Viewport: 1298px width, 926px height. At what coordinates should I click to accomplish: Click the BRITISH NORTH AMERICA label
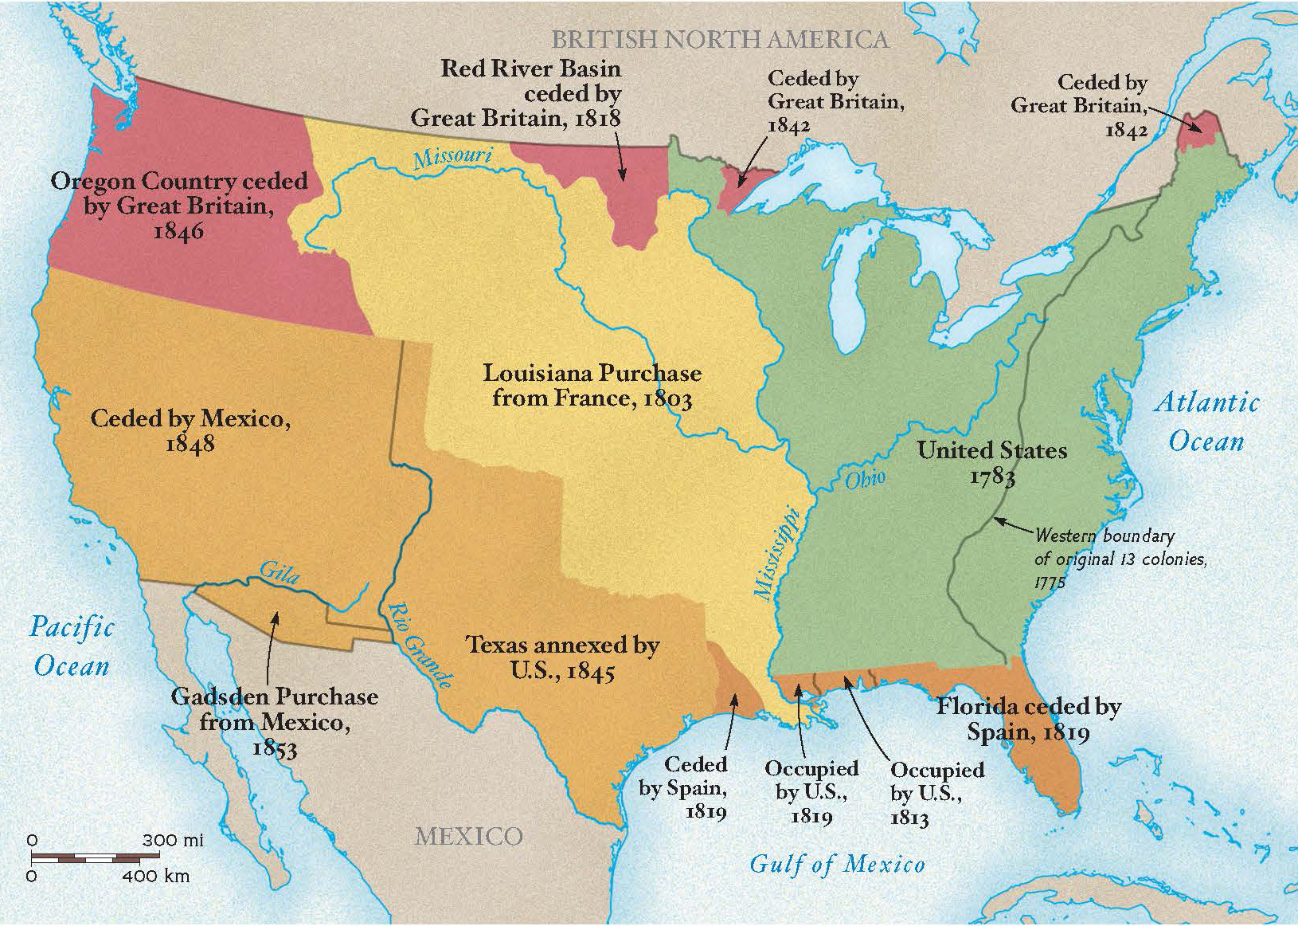pos(720,40)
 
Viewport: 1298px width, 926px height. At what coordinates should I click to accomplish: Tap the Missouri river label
pos(452,155)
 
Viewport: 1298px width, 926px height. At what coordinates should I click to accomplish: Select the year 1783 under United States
pos(992,477)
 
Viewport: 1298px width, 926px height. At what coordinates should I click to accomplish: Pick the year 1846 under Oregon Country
pos(178,231)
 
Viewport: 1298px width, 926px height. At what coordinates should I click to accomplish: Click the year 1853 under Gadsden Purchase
pos(274,749)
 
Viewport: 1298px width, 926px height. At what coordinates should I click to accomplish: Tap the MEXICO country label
pos(468,836)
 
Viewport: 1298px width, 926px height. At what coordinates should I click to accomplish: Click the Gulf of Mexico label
pos(837,864)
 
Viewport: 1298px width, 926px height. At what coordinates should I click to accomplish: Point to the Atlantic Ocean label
pos(1206,422)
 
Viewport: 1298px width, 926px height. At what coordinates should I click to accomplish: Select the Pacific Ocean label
pos(72,646)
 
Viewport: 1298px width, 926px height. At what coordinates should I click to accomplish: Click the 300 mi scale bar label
pos(173,840)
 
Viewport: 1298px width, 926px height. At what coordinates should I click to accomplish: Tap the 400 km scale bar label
pos(156,877)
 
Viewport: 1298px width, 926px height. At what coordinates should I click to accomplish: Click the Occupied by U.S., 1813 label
pos(936,794)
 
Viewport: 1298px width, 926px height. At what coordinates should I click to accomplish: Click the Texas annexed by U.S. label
pos(562,657)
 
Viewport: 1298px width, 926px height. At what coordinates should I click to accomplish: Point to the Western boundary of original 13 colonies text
pos(1119,558)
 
